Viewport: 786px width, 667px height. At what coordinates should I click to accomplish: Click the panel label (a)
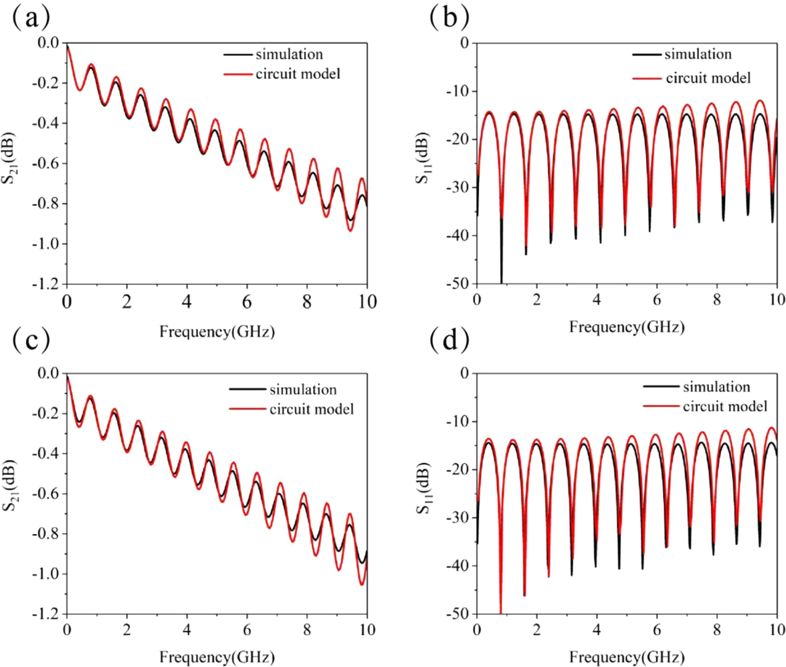[x=32, y=19]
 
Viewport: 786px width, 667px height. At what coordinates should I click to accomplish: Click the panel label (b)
[x=449, y=19]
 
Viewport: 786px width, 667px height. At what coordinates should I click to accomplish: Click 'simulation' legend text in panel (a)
[x=289, y=54]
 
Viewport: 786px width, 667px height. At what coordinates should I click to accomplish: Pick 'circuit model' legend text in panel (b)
[x=708, y=78]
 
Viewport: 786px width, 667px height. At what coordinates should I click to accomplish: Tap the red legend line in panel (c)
[x=247, y=409]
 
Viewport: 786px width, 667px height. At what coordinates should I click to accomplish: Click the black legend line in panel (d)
[x=661, y=386]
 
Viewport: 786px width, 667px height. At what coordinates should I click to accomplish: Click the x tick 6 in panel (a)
[x=247, y=302]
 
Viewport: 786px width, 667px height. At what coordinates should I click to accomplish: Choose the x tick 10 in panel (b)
[x=777, y=299]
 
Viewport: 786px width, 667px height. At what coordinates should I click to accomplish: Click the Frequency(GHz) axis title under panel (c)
[x=217, y=657]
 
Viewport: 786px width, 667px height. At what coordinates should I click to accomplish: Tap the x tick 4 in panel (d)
[x=596, y=630]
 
